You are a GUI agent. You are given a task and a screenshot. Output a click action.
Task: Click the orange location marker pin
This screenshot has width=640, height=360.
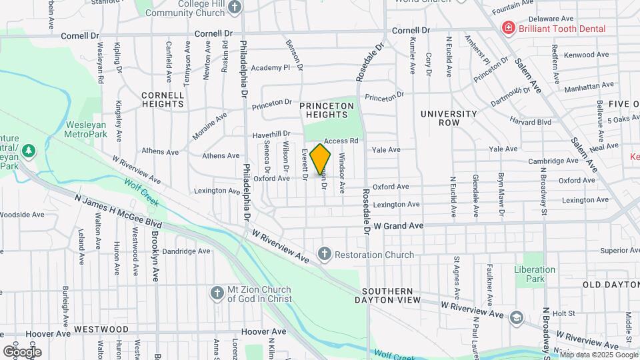pos(321,159)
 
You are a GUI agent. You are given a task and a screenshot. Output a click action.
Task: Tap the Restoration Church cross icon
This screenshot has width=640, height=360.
pos(324,254)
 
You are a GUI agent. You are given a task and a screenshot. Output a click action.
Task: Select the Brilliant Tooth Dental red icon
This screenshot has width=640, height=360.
pos(508,29)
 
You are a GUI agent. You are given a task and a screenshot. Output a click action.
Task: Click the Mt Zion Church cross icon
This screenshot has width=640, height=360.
pos(217,293)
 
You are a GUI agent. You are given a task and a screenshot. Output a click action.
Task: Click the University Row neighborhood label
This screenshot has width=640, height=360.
pos(449,119)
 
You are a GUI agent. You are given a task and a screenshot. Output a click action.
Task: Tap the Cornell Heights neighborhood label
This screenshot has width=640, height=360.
pos(163,100)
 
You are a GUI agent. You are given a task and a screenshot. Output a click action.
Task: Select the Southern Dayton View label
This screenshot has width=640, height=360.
pos(391,296)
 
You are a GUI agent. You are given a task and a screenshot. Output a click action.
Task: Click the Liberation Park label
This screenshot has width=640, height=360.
pos(534,274)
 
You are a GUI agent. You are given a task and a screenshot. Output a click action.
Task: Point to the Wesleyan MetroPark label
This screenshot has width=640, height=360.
pos(87,129)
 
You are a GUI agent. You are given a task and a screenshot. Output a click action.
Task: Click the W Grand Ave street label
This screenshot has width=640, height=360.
pos(398,227)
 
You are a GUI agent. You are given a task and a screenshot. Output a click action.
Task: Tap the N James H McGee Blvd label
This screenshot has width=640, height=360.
pos(119,212)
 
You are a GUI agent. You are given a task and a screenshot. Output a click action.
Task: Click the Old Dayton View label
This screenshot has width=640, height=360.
pos(611,285)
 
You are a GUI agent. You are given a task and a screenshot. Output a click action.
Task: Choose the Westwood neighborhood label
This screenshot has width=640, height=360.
pos(101,329)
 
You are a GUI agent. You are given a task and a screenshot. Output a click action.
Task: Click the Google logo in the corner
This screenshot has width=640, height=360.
pos(21,351)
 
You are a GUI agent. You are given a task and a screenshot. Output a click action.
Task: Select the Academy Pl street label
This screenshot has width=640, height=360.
pos(271,68)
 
